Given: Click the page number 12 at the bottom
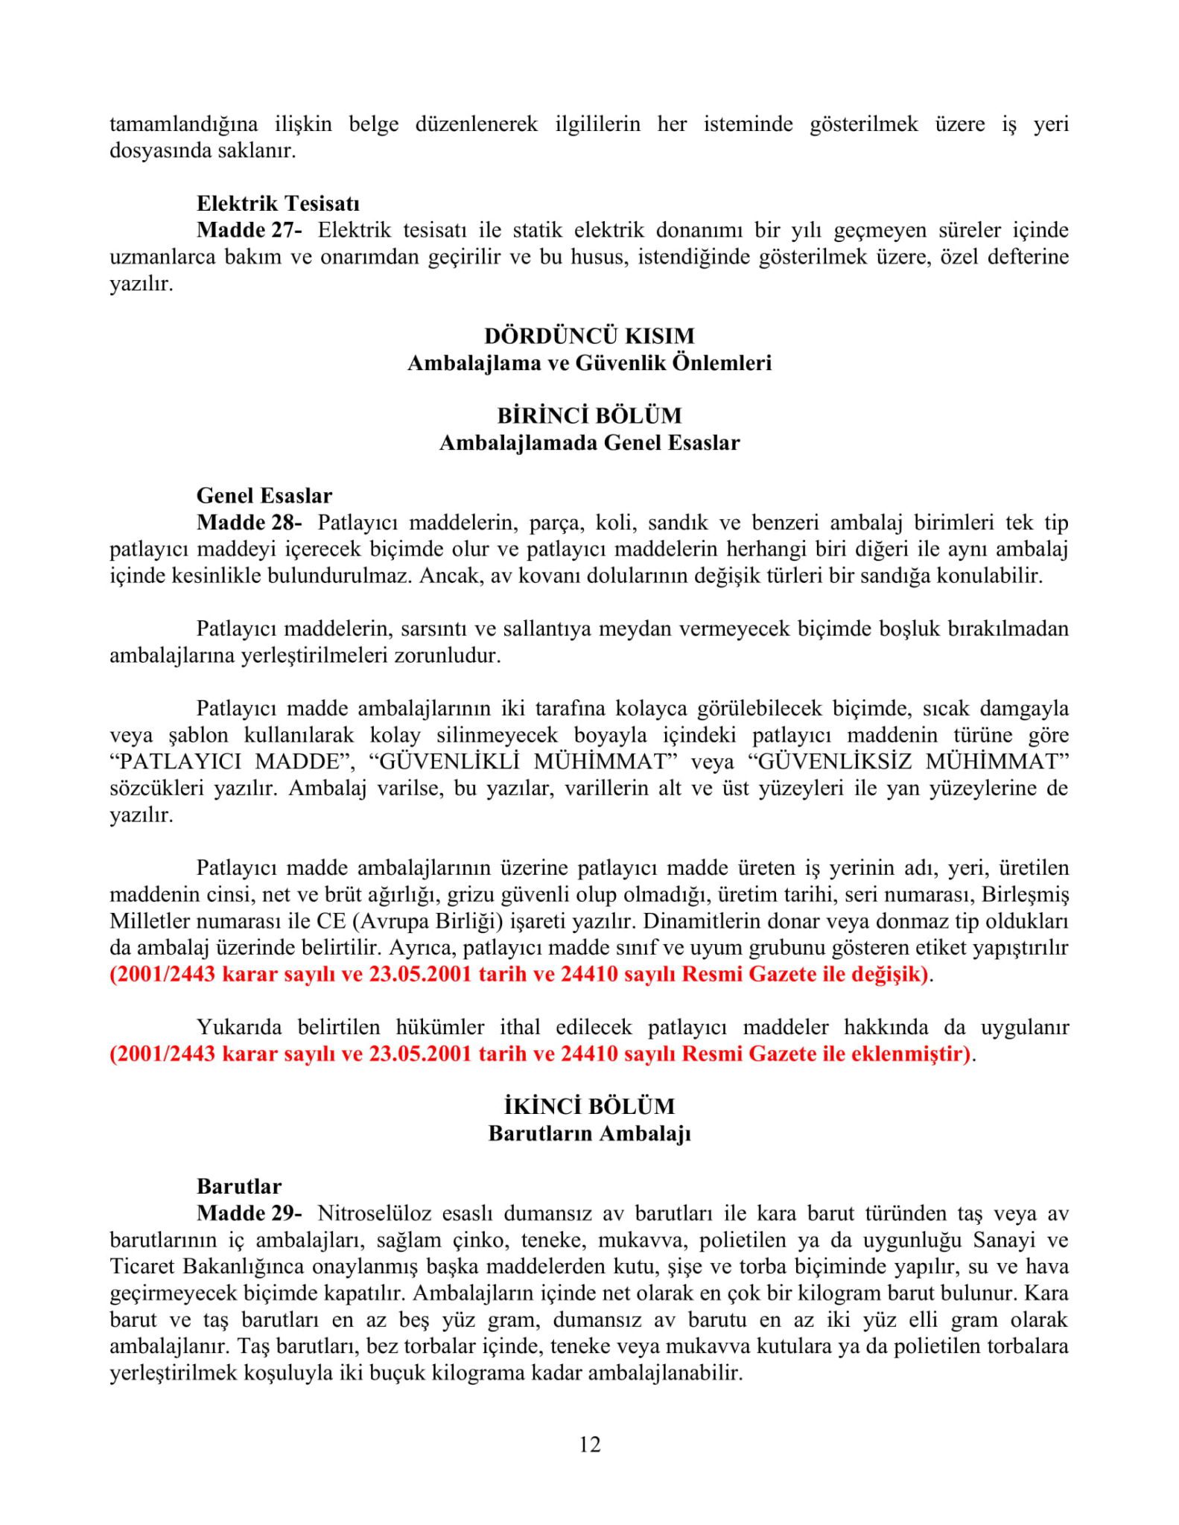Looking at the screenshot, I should pos(589,1445).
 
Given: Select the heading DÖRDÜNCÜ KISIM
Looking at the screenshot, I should pos(589,336).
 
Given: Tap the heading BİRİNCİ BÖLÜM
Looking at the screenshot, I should pos(589,416).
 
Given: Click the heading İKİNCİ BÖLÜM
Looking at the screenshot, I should pos(589,1107).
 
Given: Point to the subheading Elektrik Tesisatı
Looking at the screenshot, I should pos(278,203).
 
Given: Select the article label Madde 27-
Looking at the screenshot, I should pos(249,230).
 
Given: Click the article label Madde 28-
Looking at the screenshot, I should pos(249,522).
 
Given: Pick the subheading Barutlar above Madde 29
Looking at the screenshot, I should pos(239,1186).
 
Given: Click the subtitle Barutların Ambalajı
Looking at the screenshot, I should pos(589,1133).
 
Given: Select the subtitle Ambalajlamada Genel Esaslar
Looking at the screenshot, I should pos(589,442).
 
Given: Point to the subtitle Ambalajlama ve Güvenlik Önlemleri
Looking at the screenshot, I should pos(589,363).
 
